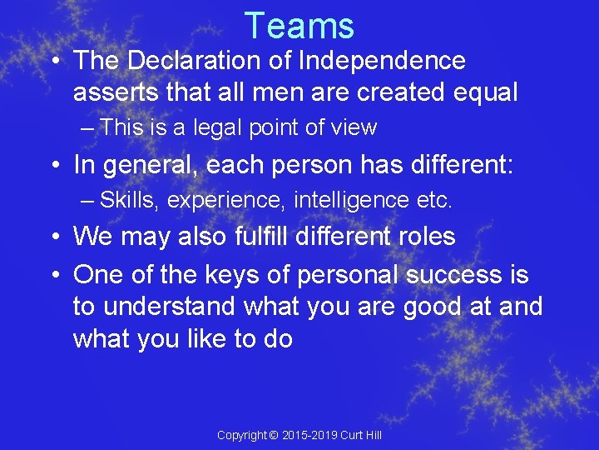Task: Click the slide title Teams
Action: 299,25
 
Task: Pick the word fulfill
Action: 273,237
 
